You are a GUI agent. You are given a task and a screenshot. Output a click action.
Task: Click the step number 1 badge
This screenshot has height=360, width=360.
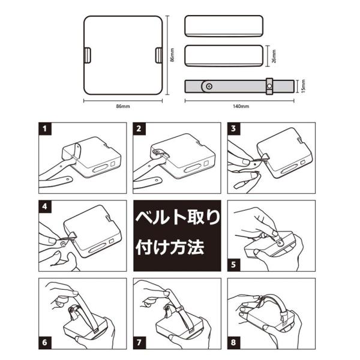(45, 128)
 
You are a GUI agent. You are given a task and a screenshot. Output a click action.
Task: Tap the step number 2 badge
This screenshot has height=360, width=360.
(139, 128)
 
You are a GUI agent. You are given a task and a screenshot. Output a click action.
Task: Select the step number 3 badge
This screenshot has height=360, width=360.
(233, 128)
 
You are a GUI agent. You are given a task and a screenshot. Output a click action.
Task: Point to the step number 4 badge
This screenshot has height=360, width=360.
(45, 206)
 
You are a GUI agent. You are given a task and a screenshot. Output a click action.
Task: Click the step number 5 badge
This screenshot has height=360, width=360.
(233, 265)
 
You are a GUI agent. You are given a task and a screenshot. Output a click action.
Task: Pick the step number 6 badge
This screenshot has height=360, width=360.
(45, 343)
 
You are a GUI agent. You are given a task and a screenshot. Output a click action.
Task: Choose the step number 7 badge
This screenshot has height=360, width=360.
(139, 343)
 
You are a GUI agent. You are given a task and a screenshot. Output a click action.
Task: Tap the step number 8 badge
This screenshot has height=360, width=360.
(233, 343)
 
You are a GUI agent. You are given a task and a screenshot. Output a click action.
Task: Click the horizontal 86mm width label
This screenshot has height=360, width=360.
(123, 106)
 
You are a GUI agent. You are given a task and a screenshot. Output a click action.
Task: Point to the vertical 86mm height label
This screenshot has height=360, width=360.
(172, 55)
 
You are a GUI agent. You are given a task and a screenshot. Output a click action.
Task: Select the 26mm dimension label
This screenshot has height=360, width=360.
(274, 56)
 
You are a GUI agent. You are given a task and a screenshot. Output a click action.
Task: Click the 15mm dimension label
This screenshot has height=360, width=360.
(303, 86)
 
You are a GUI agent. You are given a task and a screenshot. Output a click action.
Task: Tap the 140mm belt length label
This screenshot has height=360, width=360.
(241, 106)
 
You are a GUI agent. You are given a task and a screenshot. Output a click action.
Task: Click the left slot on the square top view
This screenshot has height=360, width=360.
(87, 55)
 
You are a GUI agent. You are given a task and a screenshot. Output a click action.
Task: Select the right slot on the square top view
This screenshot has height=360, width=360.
(159, 55)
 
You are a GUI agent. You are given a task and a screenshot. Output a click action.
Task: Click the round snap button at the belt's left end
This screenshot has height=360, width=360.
(209, 86)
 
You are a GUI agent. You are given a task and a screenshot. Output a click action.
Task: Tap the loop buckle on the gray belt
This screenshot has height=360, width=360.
(269, 86)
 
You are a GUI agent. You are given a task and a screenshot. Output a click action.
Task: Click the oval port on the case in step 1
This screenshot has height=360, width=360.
(101, 169)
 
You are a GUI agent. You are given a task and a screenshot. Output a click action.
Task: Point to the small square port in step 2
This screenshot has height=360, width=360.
(206, 163)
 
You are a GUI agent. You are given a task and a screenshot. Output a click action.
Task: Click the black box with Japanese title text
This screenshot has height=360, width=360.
(177, 236)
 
